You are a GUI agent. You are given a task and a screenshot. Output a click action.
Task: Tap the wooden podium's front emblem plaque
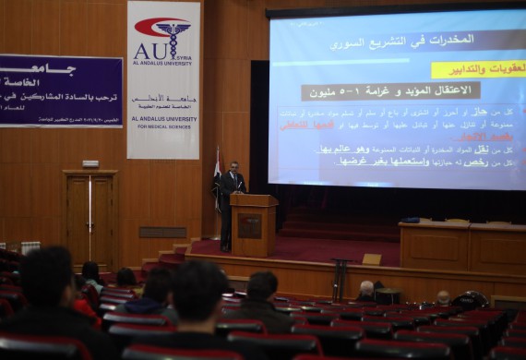click(249, 226)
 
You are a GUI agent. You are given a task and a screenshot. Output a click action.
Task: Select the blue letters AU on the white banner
click(149, 50)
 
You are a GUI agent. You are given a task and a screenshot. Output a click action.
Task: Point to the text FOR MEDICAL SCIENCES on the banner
click(163, 126)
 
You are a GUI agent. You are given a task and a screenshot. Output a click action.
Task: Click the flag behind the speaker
click(217, 175)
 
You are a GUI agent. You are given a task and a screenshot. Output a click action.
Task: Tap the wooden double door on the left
click(90, 218)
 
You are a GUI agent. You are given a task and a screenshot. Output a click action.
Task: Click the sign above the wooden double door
click(90, 163)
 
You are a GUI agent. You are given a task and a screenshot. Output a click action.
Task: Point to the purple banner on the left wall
click(60, 90)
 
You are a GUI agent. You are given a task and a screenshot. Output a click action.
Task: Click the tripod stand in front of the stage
click(340, 277)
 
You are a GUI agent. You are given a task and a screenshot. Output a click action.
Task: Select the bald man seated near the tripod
click(366, 290)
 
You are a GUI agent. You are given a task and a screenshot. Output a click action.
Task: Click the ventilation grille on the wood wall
click(162, 233)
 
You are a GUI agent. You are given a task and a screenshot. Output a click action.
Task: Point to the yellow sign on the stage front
click(371, 259)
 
